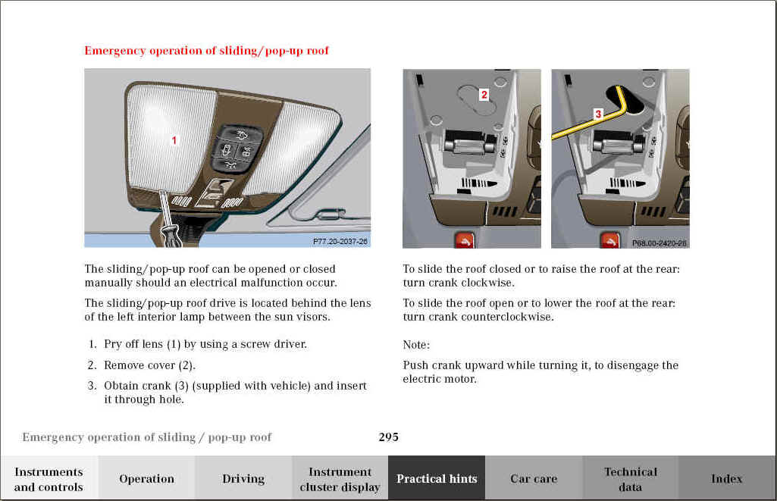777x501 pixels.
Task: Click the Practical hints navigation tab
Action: pos(437,478)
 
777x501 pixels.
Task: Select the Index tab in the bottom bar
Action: pos(726,478)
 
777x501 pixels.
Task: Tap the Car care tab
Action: pos(534,478)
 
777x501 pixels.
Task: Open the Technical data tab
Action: pos(630,478)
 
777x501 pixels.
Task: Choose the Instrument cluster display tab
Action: pos(340,478)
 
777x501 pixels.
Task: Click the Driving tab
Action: pos(243,478)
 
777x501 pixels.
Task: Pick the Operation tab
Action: pos(146,478)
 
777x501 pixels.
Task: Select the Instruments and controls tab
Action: pos(49,478)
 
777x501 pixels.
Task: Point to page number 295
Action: pos(388,437)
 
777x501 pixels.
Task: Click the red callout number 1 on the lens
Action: pos(174,140)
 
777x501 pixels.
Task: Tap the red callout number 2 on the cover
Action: pos(484,95)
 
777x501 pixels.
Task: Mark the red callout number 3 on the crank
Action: pos(597,114)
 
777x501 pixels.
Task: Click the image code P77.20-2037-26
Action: pos(340,241)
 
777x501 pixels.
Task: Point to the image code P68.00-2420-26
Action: pos(660,243)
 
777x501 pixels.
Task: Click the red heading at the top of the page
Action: pos(206,51)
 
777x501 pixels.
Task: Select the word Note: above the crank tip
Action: pos(416,345)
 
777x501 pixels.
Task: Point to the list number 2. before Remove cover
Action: pos(92,365)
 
